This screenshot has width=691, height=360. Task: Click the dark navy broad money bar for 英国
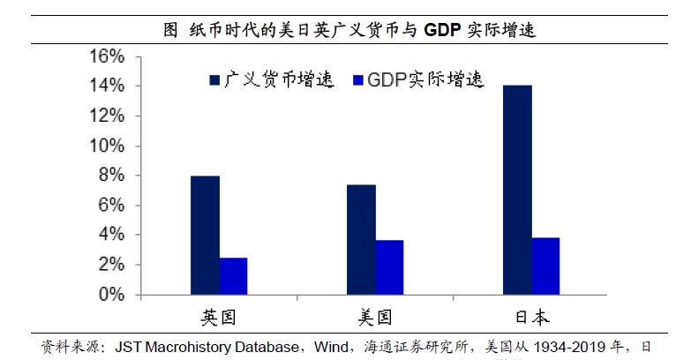pyautogui.click(x=206, y=235)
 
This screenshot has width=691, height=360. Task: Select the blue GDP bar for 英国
pyautogui.click(x=233, y=275)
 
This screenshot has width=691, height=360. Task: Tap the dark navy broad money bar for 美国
pyautogui.click(x=362, y=239)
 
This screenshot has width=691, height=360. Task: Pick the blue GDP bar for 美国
pyautogui.click(x=389, y=266)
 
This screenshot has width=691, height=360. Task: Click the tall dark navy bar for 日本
pyautogui.click(x=518, y=189)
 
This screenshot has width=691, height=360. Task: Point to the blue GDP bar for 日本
pyautogui.click(x=545, y=266)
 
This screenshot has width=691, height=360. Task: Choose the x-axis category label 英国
pyautogui.click(x=219, y=318)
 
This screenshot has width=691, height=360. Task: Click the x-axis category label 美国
pyautogui.click(x=375, y=318)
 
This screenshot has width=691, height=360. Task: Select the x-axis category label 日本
pyautogui.click(x=531, y=318)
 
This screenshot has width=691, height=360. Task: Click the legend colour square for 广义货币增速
pyautogui.click(x=214, y=80)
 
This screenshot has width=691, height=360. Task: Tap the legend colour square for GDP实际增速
pyautogui.click(x=357, y=80)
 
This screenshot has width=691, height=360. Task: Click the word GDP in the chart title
pyautogui.click(x=447, y=29)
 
